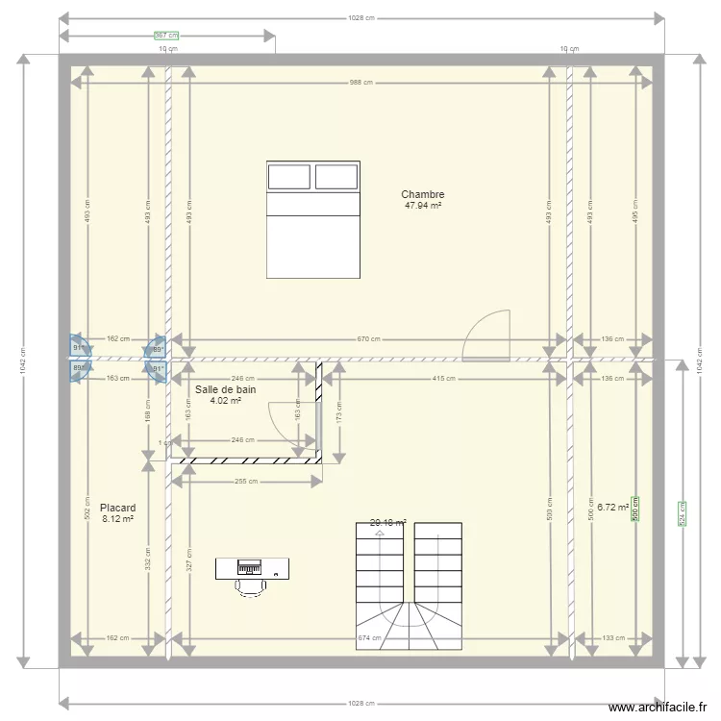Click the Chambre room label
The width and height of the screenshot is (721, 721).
(422, 194)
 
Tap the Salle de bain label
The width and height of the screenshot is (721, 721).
(225, 389)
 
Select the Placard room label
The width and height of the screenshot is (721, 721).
(117, 508)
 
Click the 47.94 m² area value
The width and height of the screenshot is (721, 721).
(422, 206)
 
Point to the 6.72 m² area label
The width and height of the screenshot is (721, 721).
(612, 507)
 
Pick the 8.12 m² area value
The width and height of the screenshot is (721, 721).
(117, 519)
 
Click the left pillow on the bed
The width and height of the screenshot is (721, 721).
(288, 177)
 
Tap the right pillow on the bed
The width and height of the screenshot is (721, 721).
(336, 177)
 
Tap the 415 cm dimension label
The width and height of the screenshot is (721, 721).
(443, 378)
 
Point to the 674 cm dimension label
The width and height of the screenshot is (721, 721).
(369, 637)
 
